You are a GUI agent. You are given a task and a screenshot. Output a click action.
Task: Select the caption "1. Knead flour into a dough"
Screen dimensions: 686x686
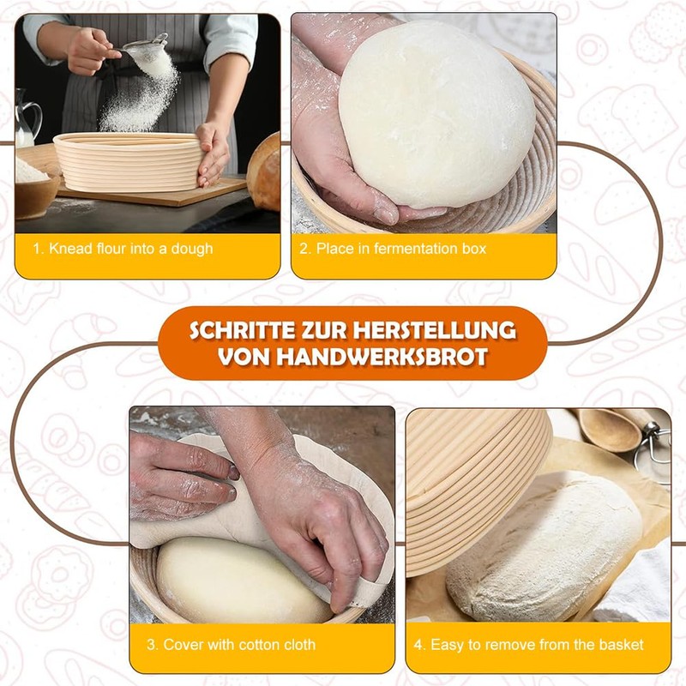point(123,249)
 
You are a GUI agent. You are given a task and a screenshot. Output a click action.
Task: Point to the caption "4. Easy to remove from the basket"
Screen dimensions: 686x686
point(537,644)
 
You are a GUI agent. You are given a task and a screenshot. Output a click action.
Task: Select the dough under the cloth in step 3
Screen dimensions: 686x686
point(223,579)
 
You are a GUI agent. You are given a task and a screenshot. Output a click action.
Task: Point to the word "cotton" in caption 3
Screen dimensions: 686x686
point(257,644)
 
